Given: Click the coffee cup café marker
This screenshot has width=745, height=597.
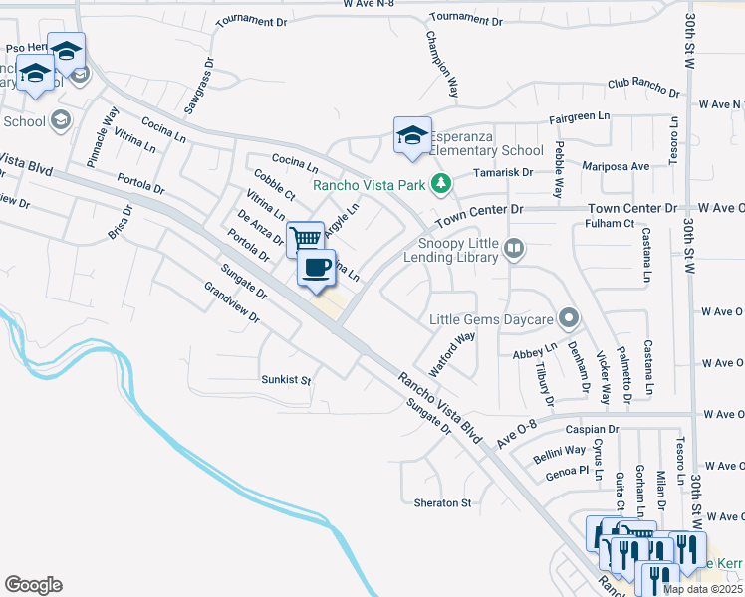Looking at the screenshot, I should click(x=317, y=268).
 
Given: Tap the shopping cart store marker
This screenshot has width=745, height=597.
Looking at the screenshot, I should click(x=306, y=238).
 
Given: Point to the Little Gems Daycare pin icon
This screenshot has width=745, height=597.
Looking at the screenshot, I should click(x=569, y=319).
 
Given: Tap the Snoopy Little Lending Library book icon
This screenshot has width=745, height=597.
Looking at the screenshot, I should click(x=514, y=248).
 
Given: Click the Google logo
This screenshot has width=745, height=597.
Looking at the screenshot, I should click(x=33, y=585).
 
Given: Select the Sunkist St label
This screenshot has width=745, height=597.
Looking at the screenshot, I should click(x=286, y=380).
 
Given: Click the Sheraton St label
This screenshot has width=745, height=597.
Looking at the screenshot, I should click(x=442, y=503).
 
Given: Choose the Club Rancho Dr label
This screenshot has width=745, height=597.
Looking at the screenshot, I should click(x=643, y=89).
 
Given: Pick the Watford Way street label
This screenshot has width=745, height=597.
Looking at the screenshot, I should click(x=452, y=352).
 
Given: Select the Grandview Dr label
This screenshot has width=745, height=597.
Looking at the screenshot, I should click(x=231, y=303).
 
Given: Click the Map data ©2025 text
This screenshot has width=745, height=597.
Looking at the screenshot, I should click(x=702, y=589).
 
